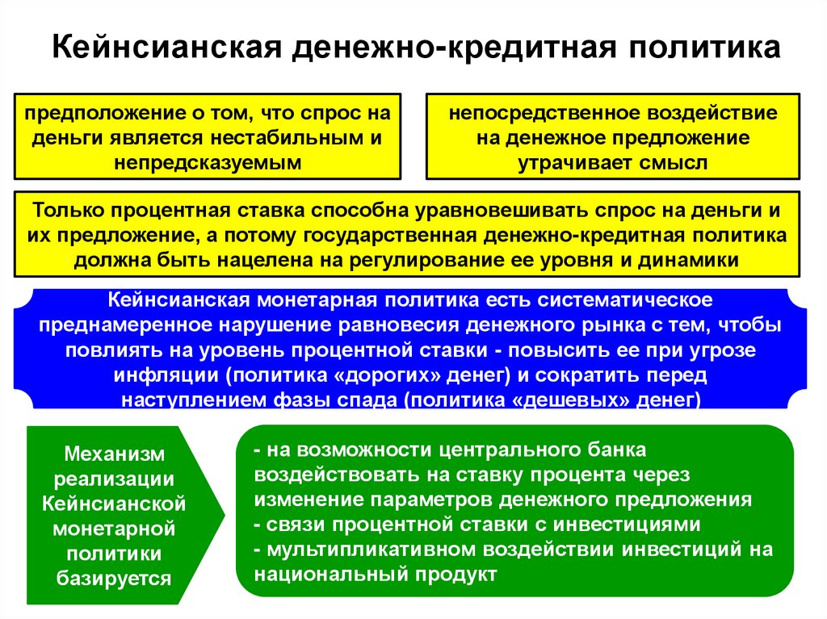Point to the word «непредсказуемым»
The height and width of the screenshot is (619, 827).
(x=207, y=161)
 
